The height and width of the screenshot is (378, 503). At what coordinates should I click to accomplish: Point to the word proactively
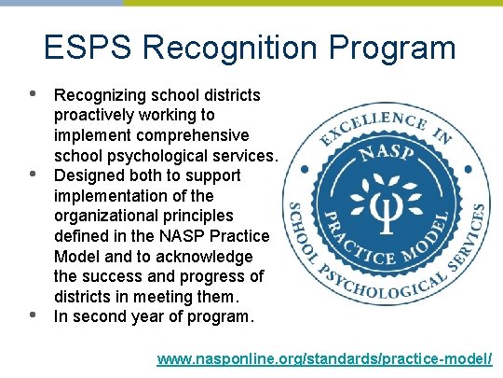point(97,115)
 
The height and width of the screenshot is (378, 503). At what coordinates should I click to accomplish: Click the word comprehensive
point(197,135)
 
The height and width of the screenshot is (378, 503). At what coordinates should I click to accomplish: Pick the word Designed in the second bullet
point(88,175)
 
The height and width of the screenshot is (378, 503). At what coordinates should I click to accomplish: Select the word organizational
point(102,217)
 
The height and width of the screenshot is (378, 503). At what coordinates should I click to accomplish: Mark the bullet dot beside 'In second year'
point(32,315)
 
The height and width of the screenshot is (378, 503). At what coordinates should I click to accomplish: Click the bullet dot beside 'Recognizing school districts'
point(32,94)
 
